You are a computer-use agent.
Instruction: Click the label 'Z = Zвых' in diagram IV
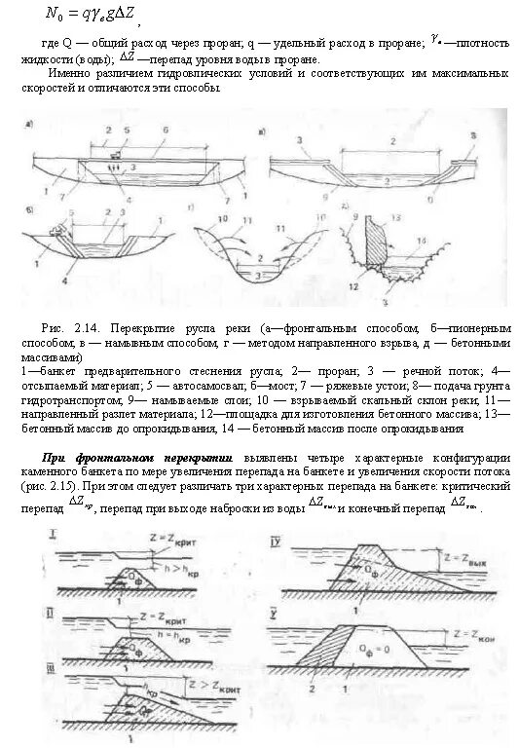click(471, 560)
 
